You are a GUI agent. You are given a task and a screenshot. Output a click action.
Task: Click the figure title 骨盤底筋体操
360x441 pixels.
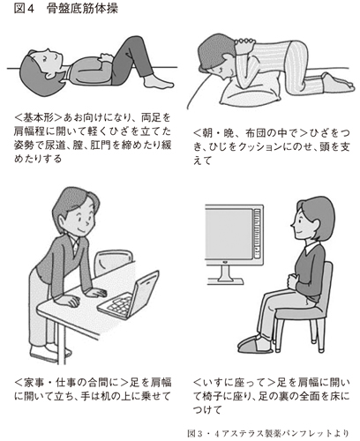(82, 9)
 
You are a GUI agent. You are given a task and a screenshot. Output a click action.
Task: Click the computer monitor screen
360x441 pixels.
(229, 235)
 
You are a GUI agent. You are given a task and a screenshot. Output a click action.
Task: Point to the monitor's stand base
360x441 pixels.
(225, 281)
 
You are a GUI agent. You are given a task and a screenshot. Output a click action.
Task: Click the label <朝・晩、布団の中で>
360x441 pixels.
(250, 133)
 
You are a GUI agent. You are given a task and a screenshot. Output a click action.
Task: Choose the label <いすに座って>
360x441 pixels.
(234, 383)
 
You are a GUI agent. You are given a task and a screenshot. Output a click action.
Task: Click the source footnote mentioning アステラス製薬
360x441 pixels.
(268, 433)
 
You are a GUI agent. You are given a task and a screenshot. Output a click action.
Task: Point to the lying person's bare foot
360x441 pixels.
(159, 82)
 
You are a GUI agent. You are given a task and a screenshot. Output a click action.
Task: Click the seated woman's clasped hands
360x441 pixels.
(293, 280)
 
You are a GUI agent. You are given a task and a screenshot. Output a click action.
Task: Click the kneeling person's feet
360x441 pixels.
(338, 84)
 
